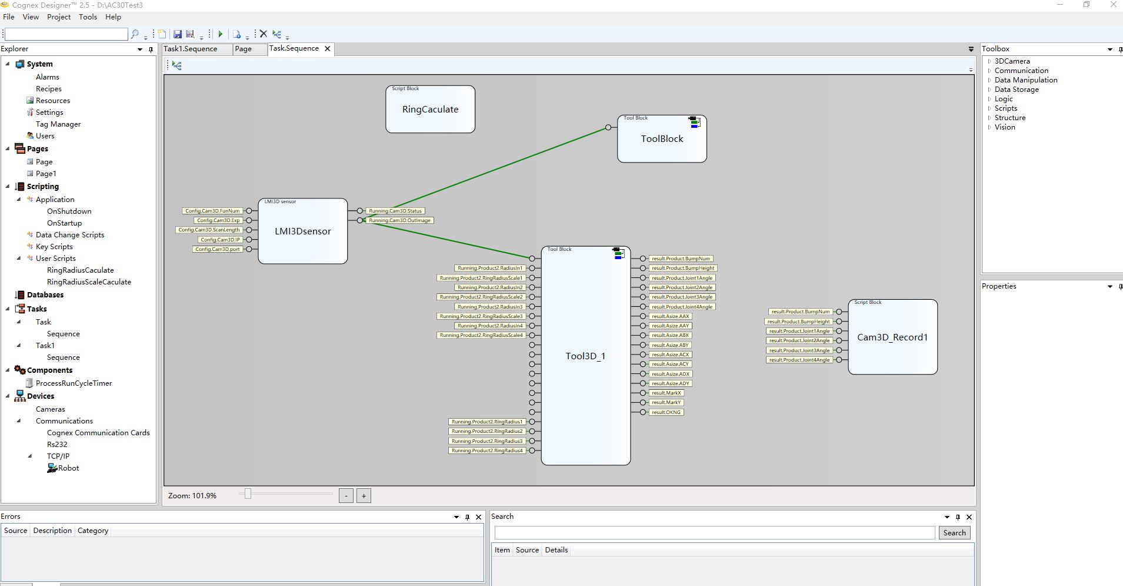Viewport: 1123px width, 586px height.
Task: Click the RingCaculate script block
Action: (x=430, y=110)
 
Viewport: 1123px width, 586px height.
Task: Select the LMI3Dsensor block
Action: (x=303, y=231)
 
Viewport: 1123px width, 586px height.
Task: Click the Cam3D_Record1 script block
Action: (x=892, y=337)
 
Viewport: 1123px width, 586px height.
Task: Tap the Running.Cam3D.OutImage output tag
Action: (x=399, y=220)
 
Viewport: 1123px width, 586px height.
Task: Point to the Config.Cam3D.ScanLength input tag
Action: (x=209, y=230)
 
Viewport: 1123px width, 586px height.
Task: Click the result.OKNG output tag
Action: (x=666, y=412)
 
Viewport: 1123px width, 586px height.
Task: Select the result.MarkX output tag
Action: (x=666, y=393)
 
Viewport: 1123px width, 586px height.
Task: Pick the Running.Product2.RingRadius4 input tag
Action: (x=487, y=451)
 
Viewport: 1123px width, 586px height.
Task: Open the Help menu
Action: (x=113, y=17)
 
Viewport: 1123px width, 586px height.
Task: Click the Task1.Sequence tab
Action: (x=190, y=49)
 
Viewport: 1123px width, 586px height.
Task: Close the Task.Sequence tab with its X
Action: (x=328, y=48)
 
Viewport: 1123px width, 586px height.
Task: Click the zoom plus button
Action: (x=364, y=496)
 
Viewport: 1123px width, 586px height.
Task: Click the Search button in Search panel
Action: (x=954, y=532)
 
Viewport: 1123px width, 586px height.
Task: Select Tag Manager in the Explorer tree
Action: (x=58, y=124)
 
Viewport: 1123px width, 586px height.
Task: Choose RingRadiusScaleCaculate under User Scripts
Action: (x=89, y=282)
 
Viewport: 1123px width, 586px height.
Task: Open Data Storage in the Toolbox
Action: (x=1017, y=90)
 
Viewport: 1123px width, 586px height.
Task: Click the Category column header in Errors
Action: (x=93, y=531)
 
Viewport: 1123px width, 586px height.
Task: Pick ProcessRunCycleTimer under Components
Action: (x=74, y=383)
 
